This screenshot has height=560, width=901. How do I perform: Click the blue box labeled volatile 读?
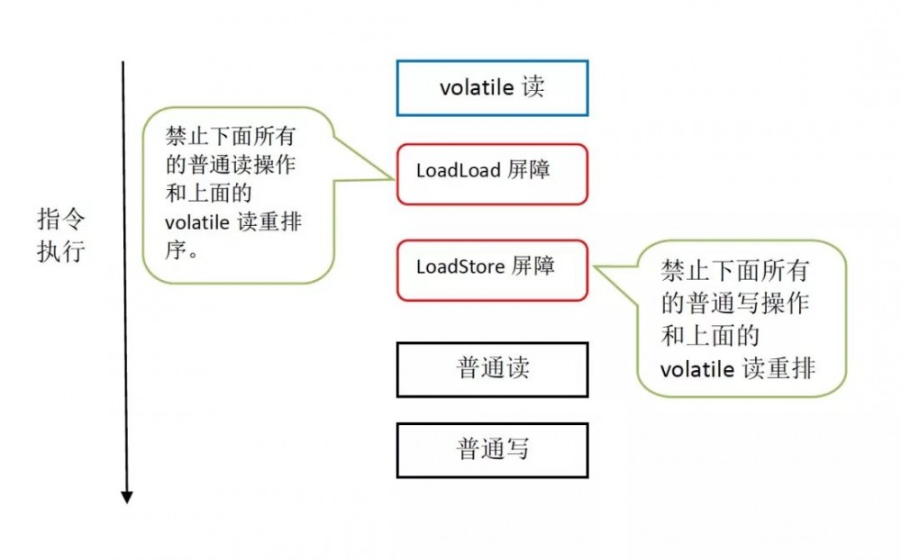492,88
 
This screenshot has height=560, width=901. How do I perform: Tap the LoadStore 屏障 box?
492,269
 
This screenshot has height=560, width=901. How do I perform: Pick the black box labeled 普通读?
492,369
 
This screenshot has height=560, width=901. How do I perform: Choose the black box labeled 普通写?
492,450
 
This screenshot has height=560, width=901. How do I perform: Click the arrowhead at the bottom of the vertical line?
127,496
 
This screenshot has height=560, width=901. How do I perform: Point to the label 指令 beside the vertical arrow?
60,220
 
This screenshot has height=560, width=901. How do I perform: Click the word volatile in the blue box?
476,87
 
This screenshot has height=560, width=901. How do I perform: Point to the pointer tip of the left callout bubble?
396,177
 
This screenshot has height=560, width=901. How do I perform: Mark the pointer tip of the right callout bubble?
591,266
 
